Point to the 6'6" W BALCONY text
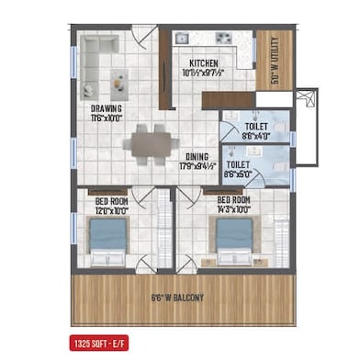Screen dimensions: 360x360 [x=177, y=298]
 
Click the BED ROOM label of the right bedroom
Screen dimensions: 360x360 [x=234, y=198]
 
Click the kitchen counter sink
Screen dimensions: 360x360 [x=222, y=39]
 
